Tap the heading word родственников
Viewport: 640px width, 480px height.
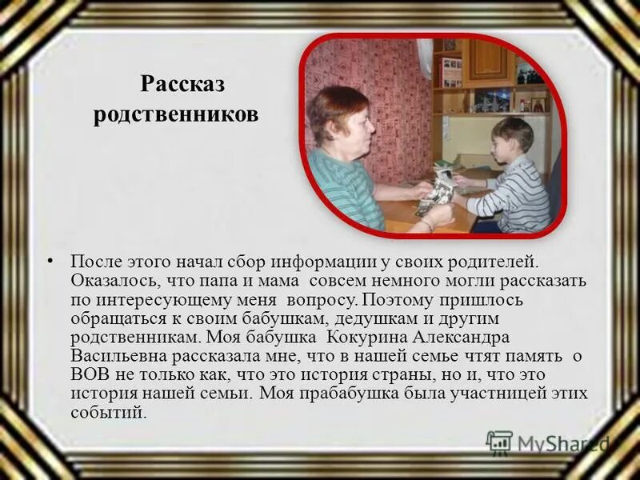[x=176, y=114]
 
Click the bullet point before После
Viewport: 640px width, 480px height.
[x=50, y=261]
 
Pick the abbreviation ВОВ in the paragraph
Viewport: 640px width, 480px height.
[x=87, y=374]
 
